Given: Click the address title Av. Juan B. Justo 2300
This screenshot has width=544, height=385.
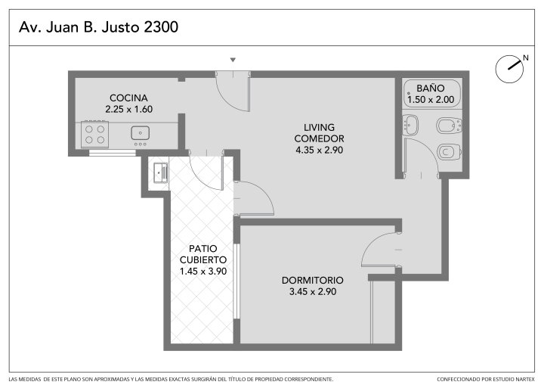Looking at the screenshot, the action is coord(98,27).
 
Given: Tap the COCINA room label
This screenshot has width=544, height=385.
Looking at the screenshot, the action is coord(128,98).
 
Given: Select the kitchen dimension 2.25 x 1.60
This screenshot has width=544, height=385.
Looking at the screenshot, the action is coord(129,109).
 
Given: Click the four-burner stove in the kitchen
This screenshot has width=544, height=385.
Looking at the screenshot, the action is coord(94,134).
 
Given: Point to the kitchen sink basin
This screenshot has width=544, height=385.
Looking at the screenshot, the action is coord(141,133).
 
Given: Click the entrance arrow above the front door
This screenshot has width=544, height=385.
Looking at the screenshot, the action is coord(233,60).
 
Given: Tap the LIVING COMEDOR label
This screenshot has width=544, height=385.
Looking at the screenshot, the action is coord(319,133).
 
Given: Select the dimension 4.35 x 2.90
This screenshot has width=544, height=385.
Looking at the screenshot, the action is coord(319,150).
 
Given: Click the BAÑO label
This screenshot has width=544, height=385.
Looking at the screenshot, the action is coord(431,88).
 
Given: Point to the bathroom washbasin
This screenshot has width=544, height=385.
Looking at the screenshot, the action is coord(412,125).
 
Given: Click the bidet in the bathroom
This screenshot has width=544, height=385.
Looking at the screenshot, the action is coord(449,126).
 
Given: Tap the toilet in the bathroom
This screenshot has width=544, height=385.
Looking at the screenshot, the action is coord(449,152).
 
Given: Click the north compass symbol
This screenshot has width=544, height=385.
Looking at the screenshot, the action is coord(509,68).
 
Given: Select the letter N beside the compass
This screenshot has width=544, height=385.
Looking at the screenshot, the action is coord(526,58).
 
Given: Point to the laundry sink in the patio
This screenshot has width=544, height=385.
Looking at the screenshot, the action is coord(161,172).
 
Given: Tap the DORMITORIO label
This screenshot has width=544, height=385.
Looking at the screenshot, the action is coord(313,281).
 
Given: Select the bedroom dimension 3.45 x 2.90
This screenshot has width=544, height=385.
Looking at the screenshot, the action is coord(313,291).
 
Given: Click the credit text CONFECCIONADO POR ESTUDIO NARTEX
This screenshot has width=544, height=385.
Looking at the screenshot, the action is coord(486,379).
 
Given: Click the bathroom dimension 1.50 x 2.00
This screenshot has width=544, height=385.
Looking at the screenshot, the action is coord(431,100).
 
